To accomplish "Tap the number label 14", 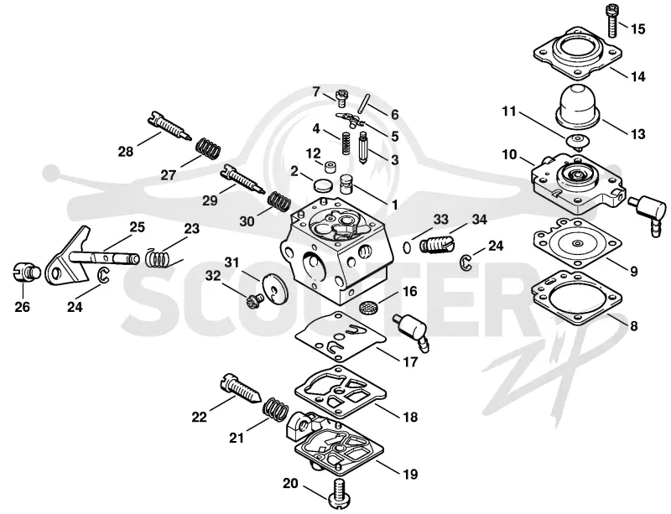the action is [x=637, y=76].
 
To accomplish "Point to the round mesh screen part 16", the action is [x=367, y=307].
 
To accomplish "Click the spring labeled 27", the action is [x=208, y=148].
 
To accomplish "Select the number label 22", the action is [x=199, y=417].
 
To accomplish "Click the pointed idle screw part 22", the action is [x=241, y=387].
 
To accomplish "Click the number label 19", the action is [x=410, y=475].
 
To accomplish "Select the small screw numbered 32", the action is [x=253, y=300].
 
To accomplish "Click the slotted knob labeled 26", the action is [x=25, y=273].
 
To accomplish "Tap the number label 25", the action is [x=137, y=227].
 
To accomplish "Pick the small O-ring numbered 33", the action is [x=408, y=247].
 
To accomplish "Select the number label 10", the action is [x=510, y=154].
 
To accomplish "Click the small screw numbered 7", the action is [x=342, y=97].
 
